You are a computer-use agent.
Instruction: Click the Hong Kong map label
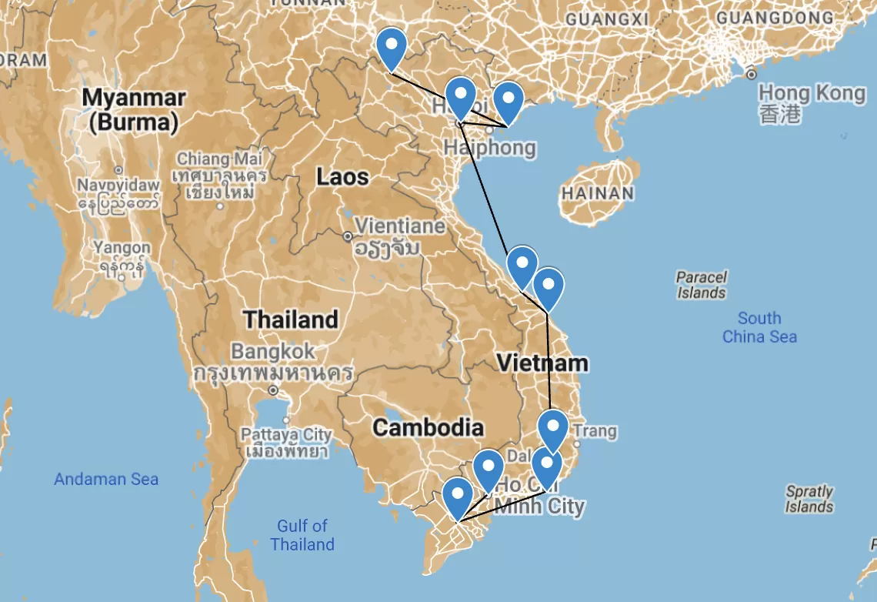tap(811, 94)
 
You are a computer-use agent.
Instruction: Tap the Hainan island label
tap(598, 193)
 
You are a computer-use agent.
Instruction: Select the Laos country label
tap(342, 177)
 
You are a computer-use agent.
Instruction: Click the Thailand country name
tap(290, 319)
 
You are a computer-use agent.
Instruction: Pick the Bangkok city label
tap(273, 352)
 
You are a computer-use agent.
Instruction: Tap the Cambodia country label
tap(428, 428)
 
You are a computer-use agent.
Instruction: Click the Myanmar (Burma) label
tap(134, 109)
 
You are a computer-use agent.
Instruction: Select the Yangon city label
tap(122, 248)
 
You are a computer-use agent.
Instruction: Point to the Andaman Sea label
tap(106, 479)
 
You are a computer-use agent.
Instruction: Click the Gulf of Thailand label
tap(302, 535)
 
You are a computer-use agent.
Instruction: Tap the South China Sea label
tap(759, 327)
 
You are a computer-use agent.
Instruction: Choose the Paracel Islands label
tap(702, 284)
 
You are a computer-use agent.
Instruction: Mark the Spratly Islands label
tap(809, 498)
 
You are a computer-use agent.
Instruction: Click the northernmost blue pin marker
tap(392, 48)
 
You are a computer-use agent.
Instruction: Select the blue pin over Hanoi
tap(461, 97)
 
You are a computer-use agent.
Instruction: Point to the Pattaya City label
tap(286, 435)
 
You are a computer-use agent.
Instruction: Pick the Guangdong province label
tap(774, 17)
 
